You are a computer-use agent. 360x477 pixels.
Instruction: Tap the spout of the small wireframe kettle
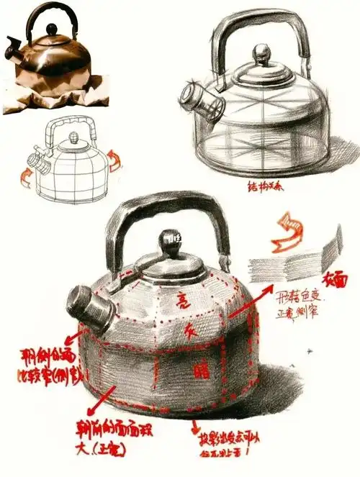click(35, 158)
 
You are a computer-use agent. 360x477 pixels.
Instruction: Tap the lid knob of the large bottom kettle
click(171, 240)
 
